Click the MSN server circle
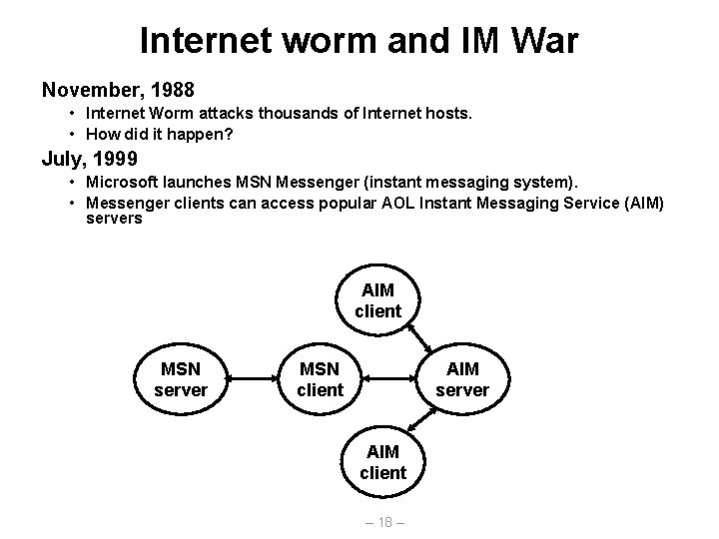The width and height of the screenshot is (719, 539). pyautogui.click(x=181, y=379)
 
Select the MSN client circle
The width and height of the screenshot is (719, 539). pyautogui.click(x=320, y=379)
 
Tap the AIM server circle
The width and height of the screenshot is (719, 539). pyautogui.click(x=462, y=379)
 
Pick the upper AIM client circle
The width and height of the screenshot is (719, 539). pyautogui.click(x=377, y=299)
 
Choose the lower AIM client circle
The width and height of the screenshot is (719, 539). pyautogui.click(x=383, y=461)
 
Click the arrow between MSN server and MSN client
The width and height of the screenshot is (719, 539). pyautogui.click(x=250, y=379)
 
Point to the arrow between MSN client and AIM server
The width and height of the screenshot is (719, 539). pyautogui.click(x=390, y=379)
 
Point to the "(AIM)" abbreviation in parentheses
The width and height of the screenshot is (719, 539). pyautogui.click(x=640, y=203)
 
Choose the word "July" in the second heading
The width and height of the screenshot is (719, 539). pyautogui.click(x=62, y=158)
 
